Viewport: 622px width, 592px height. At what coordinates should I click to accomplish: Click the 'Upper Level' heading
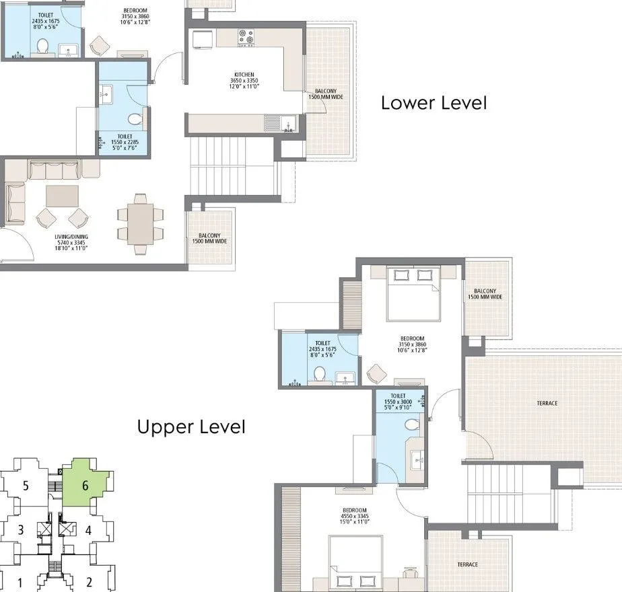[191, 427]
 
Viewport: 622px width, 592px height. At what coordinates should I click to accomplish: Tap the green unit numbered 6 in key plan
[85, 484]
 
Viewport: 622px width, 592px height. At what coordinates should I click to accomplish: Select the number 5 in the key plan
[25, 484]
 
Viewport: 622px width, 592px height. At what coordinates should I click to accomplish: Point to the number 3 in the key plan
[21, 530]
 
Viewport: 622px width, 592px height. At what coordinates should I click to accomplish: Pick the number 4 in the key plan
[88, 530]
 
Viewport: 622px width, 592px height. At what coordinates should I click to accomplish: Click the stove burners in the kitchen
[246, 37]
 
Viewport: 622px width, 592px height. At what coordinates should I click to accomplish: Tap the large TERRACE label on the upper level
[547, 403]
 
